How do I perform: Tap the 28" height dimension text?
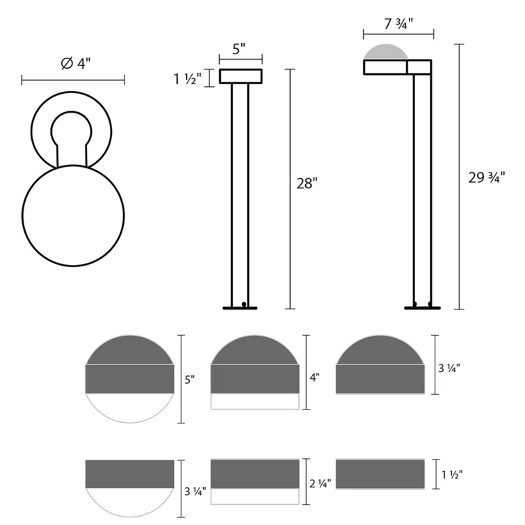point(306,184)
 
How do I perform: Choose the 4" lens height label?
point(314,378)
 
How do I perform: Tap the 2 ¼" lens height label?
point(318,482)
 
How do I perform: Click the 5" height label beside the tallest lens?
point(189,380)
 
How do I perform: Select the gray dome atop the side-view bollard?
point(386,53)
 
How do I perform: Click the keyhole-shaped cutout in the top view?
point(72,131)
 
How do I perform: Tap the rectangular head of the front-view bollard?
point(241,76)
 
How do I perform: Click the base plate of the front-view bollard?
point(241,307)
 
